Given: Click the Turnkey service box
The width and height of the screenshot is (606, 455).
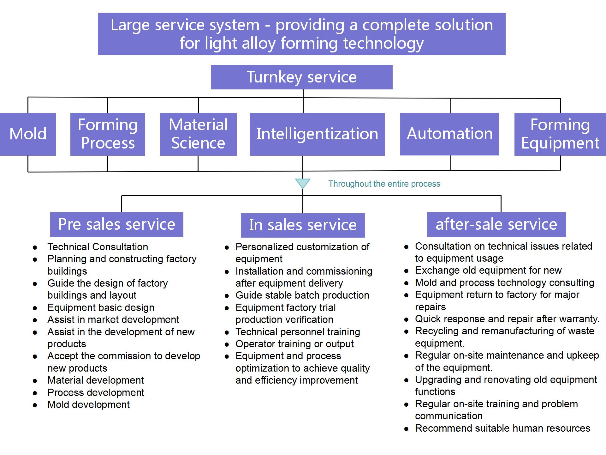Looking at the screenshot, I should tap(301, 77).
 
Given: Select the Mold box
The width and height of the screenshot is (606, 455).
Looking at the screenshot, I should tap(28, 134).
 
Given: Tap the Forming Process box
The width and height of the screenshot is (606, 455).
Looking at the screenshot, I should tap(108, 134).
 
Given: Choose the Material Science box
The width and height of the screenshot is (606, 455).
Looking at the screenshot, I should tap(198, 134).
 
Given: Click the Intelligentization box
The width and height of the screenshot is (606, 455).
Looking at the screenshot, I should tap(317, 134).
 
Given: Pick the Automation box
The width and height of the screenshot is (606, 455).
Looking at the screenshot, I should tap(449, 134).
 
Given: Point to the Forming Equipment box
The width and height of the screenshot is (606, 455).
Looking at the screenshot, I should tap(560, 134).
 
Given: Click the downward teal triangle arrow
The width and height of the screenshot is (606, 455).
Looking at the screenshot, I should tap(303, 183).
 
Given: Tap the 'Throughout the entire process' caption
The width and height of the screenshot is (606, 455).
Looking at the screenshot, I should tap(384, 184).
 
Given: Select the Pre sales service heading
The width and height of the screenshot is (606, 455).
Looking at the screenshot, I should tap(116, 224).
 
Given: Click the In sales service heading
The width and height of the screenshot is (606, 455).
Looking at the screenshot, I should tap(303, 225).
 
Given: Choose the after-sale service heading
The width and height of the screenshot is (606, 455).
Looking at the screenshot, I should tap(496, 224).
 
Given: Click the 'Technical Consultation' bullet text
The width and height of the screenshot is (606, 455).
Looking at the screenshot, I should tap(98, 247).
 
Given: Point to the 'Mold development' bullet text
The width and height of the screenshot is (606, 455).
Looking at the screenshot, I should tap(88, 404).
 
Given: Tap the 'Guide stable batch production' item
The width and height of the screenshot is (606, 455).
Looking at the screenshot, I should tap(302, 295).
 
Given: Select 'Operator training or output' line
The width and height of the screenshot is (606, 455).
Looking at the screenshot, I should tap(294, 344).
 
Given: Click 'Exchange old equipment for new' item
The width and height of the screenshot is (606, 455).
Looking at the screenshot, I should tap(488, 270).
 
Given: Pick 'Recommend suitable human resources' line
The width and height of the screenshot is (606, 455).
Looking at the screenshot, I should tap(502, 428).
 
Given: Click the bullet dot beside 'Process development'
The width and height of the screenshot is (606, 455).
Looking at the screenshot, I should tap(35, 393).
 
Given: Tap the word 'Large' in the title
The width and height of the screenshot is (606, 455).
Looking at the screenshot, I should tap(130, 25).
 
